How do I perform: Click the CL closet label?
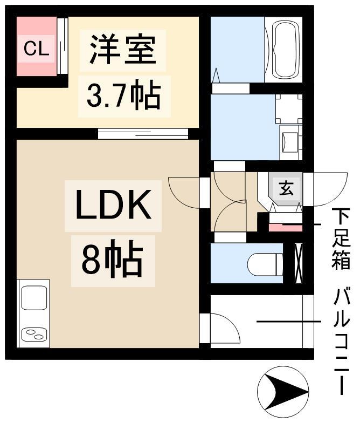[37, 49]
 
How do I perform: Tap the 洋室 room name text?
[123, 50]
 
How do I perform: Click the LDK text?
[113, 205]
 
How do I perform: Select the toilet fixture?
[265, 264]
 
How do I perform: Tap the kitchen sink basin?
[34, 298]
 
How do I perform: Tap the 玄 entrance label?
[286, 188]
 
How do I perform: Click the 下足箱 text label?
[341, 238]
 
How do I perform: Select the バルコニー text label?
[341, 342]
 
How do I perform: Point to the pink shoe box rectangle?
[286, 228]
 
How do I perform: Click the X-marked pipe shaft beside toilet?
[299, 263]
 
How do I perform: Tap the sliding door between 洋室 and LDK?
[143, 134]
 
